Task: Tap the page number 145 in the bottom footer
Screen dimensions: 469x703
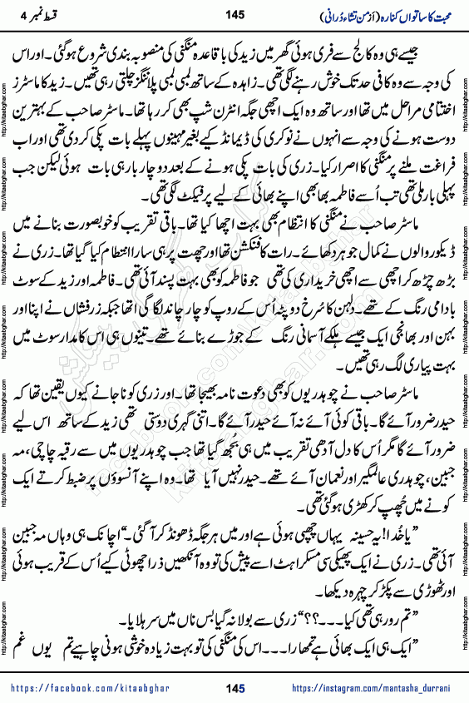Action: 234,687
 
